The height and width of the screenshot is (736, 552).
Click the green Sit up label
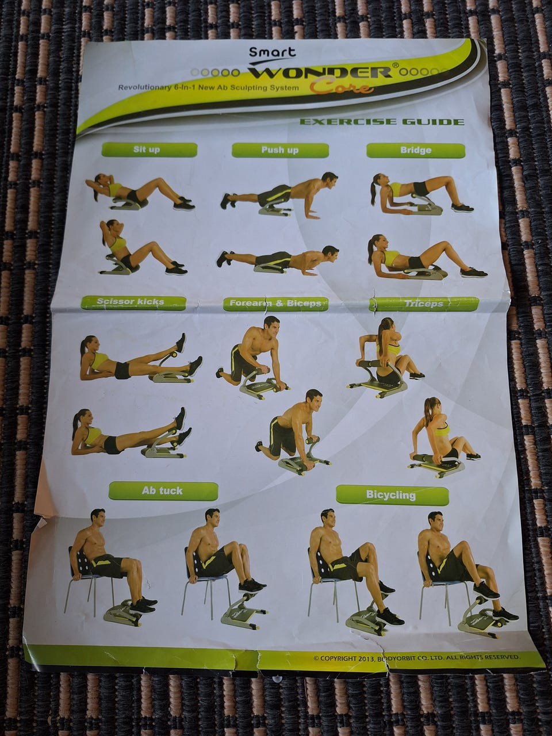coord(149,149)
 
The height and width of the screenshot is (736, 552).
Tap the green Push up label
coord(280,150)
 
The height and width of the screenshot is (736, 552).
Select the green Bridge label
coord(416,150)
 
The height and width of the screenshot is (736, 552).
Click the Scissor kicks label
coord(133,302)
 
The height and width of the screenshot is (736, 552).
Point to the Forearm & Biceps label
coord(275,304)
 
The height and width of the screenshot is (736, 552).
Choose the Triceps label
coord(424,304)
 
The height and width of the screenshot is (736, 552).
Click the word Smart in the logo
coord(273,52)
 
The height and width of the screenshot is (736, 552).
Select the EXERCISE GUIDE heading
coord(381,121)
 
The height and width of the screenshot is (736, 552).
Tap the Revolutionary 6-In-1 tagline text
coord(208,88)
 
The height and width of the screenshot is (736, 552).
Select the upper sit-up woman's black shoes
coord(185,204)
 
